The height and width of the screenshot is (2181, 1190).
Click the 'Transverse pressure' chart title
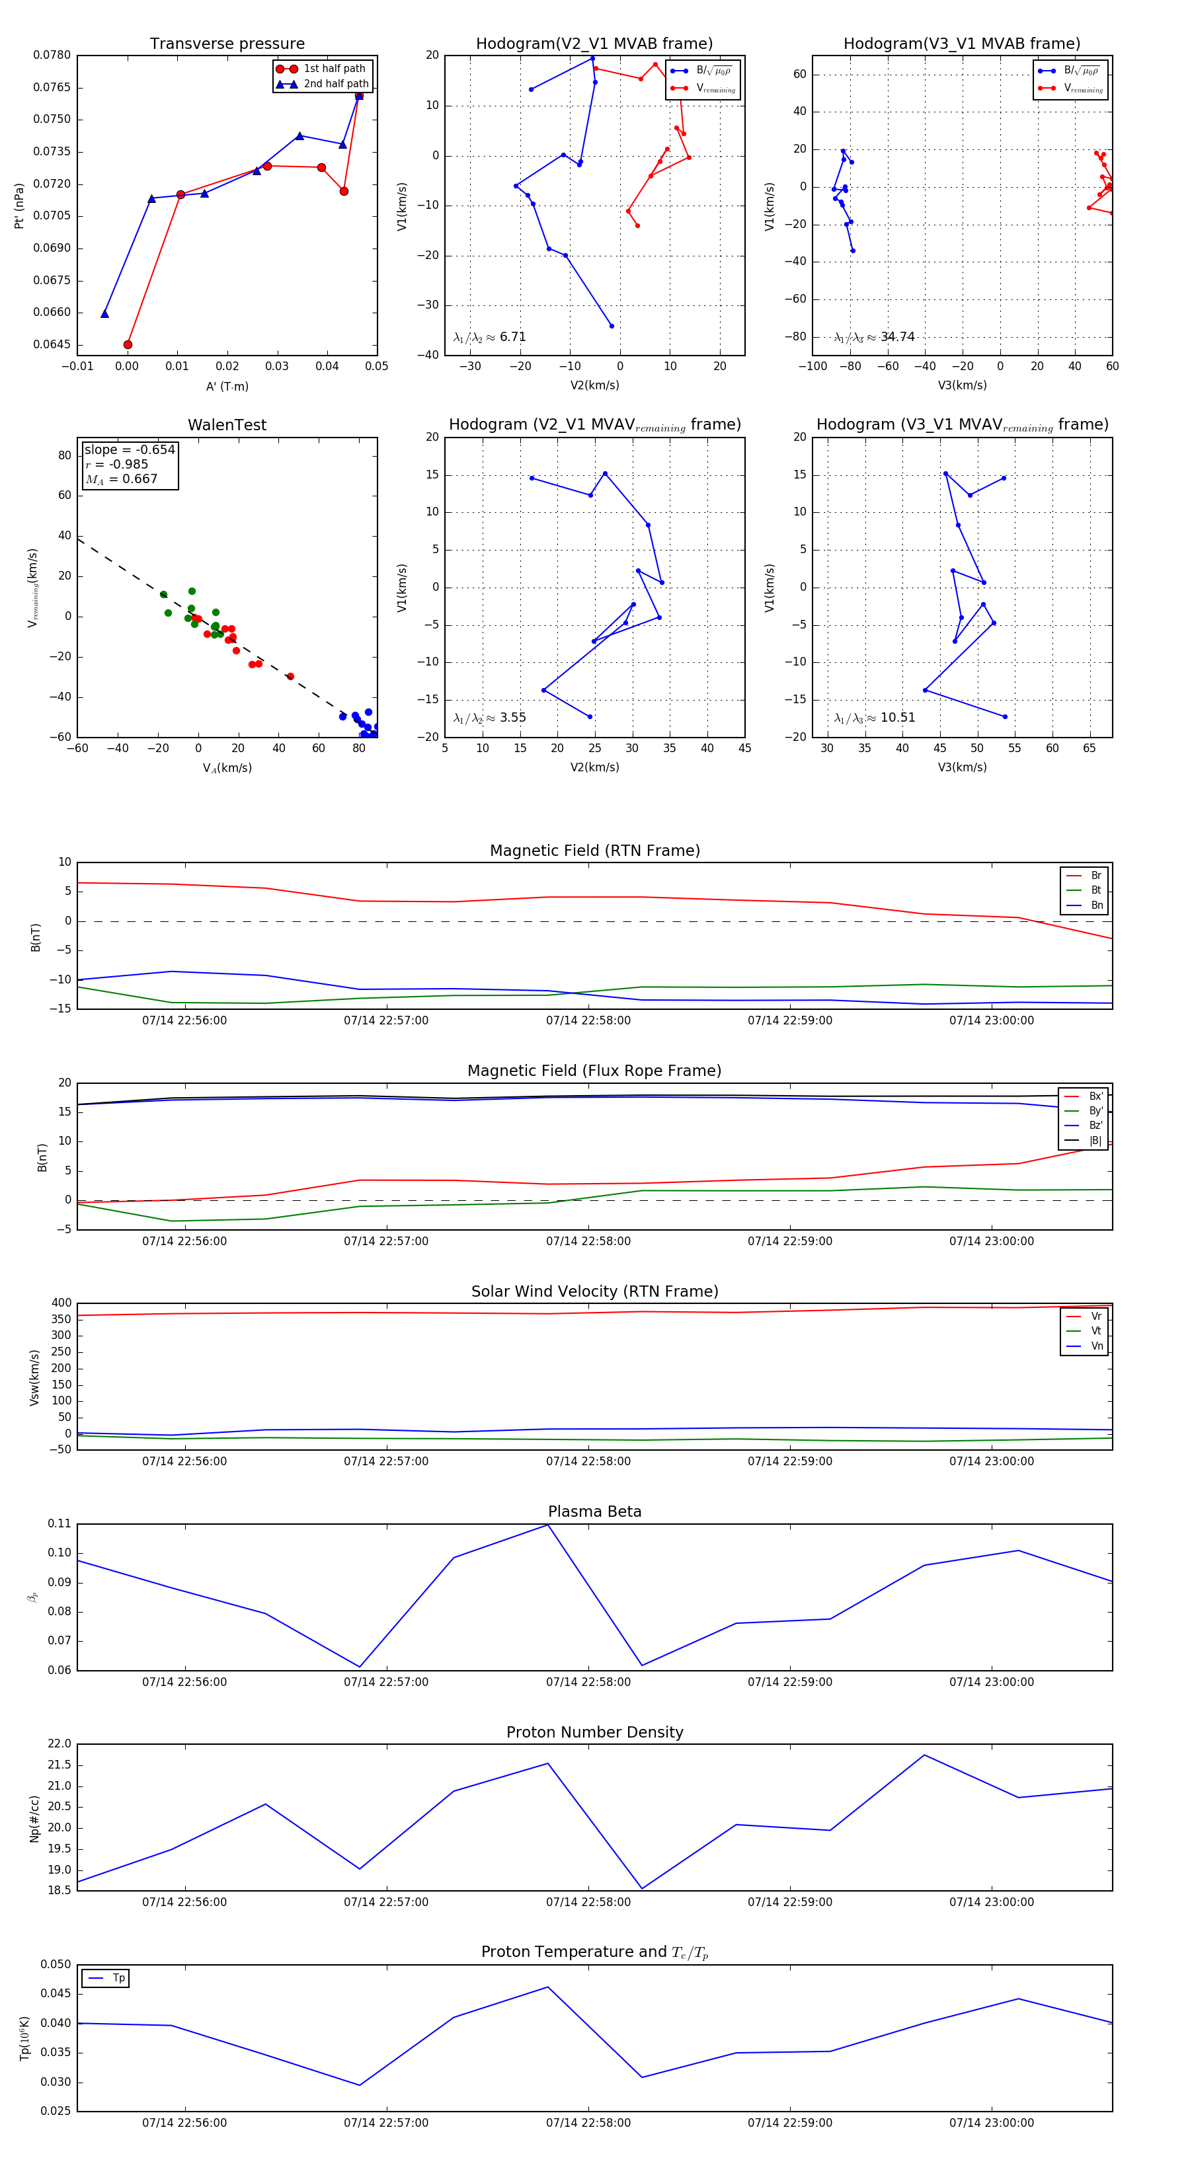[x=227, y=44]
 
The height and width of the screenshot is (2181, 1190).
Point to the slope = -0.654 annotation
[x=129, y=449]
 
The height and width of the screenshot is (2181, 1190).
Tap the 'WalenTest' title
[x=227, y=425]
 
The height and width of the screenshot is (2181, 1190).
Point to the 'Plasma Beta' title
[x=594, y=1511]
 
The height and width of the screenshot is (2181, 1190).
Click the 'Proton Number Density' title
[x=594, y=1732]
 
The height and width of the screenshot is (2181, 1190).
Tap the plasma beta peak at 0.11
[x=548, y=1525]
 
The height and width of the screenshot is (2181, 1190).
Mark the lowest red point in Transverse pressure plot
[x=128, y=344]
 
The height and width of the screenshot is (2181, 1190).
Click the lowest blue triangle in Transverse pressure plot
[x=105, y=314]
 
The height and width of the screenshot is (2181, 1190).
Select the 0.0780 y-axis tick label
[x=52, y=55]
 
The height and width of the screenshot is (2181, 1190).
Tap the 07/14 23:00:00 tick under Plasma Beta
[x=991, y=1681]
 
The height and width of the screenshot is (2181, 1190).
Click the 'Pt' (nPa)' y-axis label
[x=19, y=206]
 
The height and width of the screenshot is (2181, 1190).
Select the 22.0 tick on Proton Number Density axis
[x=59, y=1744]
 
